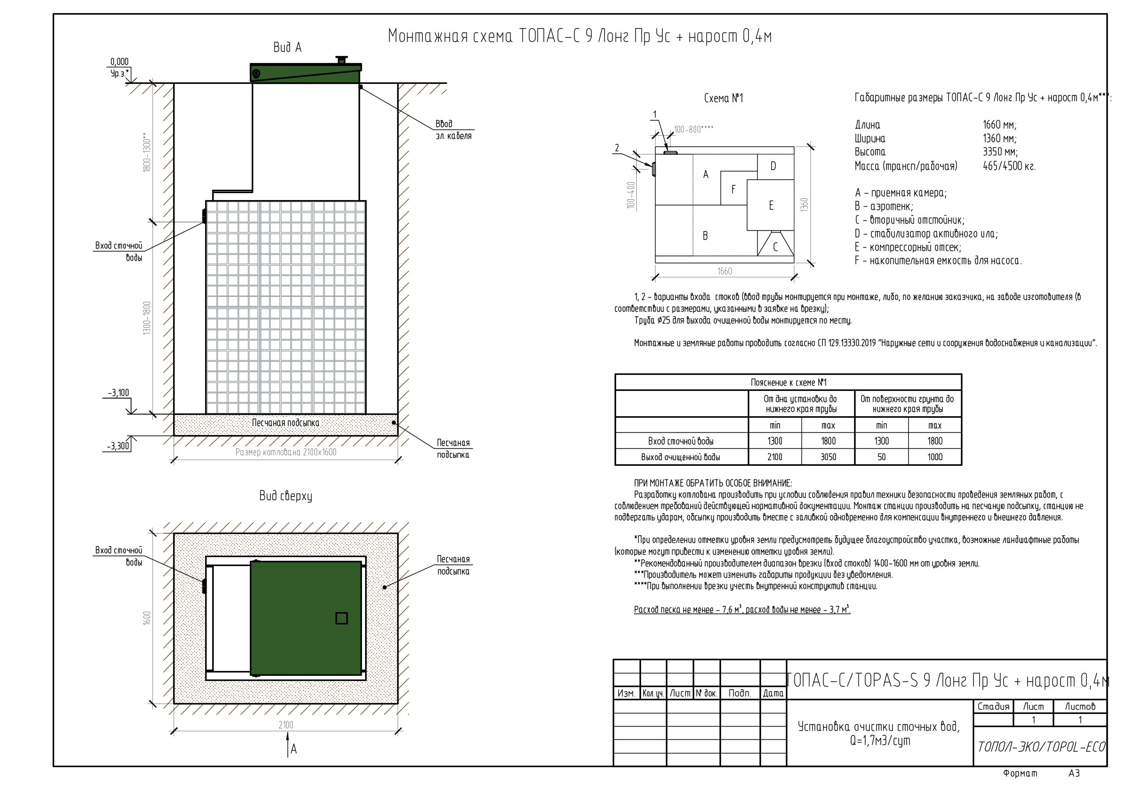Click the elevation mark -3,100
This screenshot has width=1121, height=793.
point(119,393)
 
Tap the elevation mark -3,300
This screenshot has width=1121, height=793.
point(118,445)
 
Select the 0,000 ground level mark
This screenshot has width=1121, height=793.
point(120,62)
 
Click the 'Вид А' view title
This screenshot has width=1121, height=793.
point(288,48)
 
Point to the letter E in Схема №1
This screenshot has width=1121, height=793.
point(771,205)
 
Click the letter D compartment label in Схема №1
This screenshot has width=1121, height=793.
point(773,166)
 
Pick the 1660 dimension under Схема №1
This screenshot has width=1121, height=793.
point(725,271)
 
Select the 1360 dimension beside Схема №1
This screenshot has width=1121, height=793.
point(804,205)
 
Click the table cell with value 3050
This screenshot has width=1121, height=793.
point(828,457)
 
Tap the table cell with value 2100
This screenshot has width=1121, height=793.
point(775,457)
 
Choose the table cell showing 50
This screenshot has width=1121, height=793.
point(881,457)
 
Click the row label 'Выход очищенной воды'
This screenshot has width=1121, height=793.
point(681,457)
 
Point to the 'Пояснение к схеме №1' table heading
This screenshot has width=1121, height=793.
point(788,382)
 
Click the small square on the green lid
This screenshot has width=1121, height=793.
point(342,618)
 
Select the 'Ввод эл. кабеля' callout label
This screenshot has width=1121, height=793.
point(454,130)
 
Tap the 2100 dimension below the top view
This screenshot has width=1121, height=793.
point(286,725)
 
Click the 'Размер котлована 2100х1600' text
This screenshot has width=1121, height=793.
point(286,452)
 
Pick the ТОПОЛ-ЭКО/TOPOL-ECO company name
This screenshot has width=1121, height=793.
point(1041,746)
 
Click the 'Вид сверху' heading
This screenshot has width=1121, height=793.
point(286,496)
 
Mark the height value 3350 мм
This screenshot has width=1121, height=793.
point(1000,152)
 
